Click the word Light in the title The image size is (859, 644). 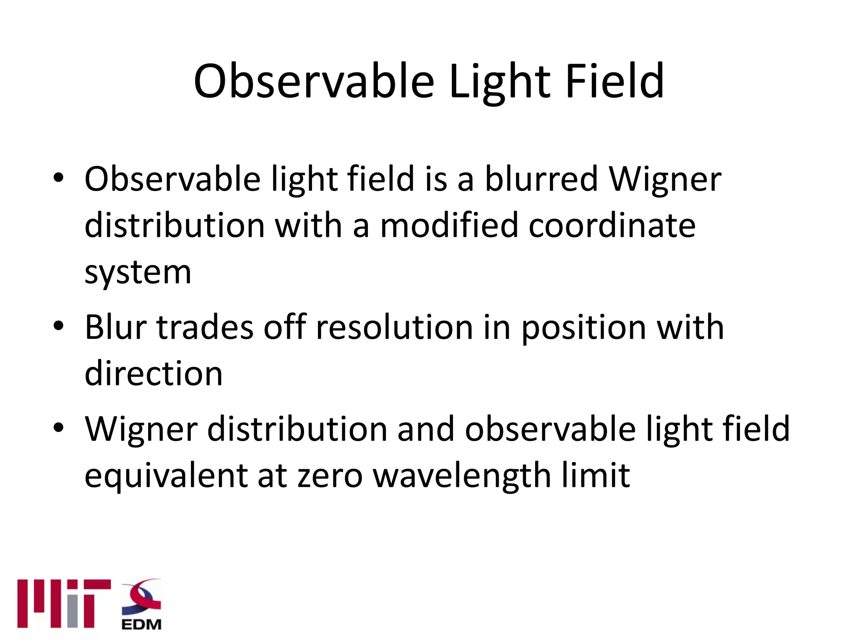tap(499, 82)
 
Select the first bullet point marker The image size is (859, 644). tap(58, 178)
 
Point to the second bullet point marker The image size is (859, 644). tap(58, 326)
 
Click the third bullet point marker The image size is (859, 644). tap(58, 428)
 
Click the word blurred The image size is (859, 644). tap(541, 179)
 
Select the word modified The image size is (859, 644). tap(449, 226)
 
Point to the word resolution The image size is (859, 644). tap(394, 327)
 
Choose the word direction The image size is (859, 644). tap(154, 374)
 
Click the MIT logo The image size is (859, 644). tap(64, 604)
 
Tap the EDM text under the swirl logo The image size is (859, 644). tap(141, 625)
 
